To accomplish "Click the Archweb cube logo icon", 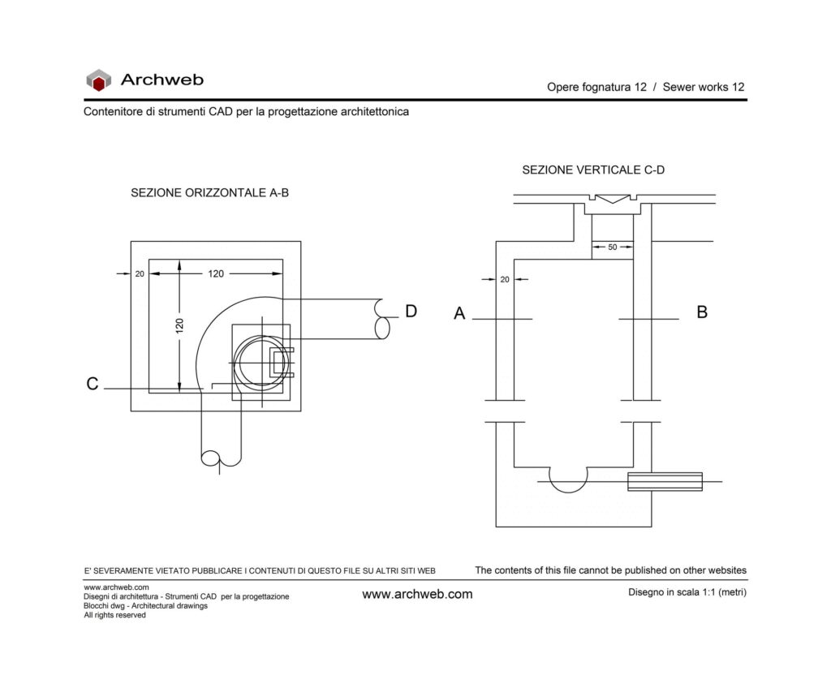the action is pos(98,80).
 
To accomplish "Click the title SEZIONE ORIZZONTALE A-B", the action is pos(210,193).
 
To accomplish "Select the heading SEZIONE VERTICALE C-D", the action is pos(593,170).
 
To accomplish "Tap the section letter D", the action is pos(411,311).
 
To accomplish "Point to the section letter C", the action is pos(93,384).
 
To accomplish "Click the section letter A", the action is pos(459,313).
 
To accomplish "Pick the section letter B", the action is pos(702,312).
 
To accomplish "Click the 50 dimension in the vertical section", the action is pos(613,247).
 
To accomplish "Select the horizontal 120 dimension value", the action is pos(216,274).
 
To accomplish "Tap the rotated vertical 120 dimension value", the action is pos(179,325).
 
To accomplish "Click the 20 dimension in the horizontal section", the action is pos(140,274).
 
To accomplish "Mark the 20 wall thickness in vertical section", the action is pos(505,279).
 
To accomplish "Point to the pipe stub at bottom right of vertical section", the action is pos(665,482).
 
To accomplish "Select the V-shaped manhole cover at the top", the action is pos(613,199).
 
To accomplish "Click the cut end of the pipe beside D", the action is pos(381,319).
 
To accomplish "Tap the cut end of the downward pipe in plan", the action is pos(221,459).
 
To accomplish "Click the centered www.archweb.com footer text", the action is pos(417,595).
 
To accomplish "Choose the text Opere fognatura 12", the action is pos(596,88).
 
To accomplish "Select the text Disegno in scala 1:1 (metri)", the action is pos(687,592).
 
